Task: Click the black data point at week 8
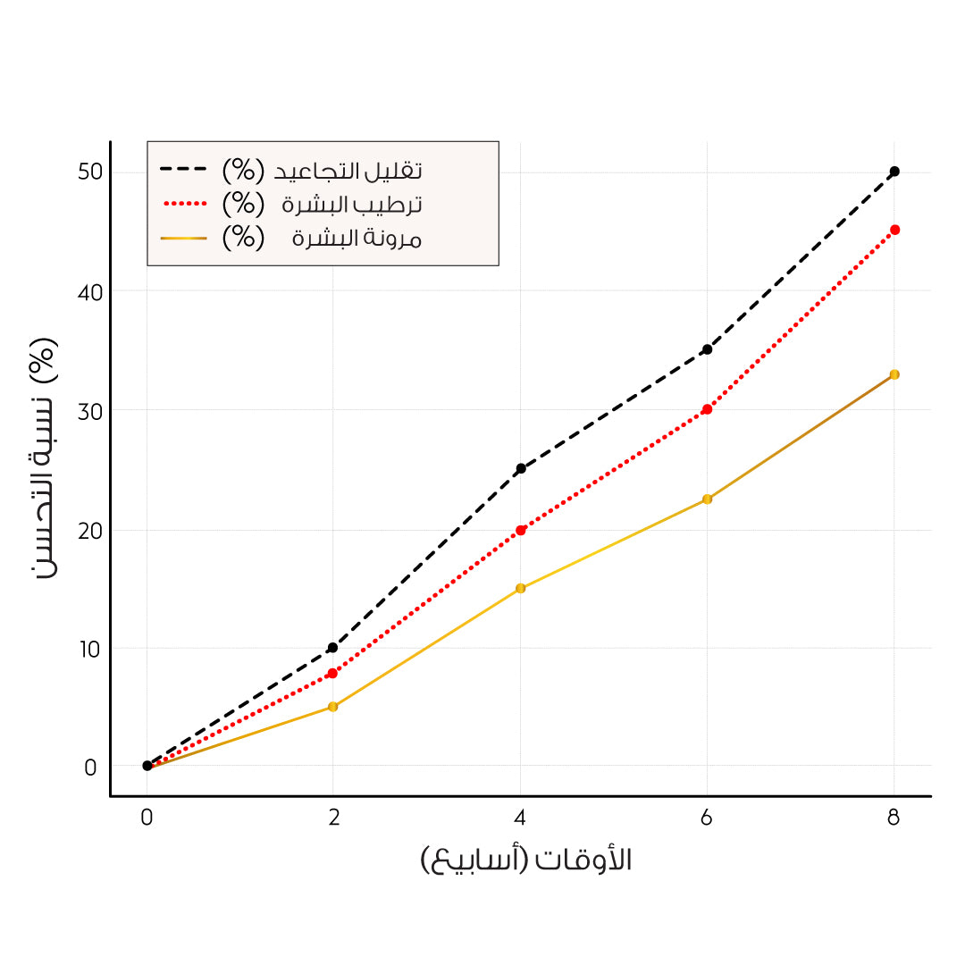(x=894, y=171)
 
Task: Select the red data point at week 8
(x=894, y=230)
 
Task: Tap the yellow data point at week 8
(x=894, y=374)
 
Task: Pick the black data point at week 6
(x=707, y=349)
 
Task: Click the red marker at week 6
(x=707, y=409)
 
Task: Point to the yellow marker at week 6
(x=707, y=499)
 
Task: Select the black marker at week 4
(x=520, y=468)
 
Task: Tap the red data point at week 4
(x=520, y=530)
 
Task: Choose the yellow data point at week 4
(x=520, y=588)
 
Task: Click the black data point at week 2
(x=332, y=648)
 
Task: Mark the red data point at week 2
(x=332, y=673)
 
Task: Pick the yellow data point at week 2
(x=332, y=707)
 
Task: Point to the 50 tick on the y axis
(x=89, y=172)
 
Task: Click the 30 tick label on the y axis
(x=89, y=410)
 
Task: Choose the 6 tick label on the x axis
(x=707, y=817)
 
